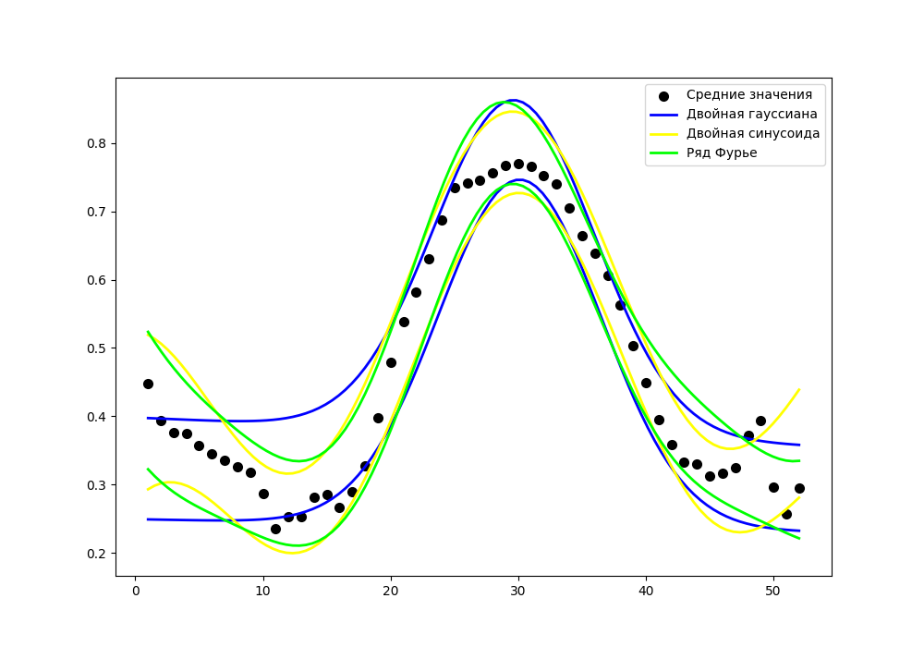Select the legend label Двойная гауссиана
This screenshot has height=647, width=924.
(x=751, y=114)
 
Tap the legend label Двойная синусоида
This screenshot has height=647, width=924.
(x=752, y=133)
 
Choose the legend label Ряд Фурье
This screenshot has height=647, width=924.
(x=721, y=153)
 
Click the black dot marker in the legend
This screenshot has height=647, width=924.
(x=663, y=95)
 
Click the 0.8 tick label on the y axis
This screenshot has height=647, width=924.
(x=96, y=143)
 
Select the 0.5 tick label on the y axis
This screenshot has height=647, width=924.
(x=96, y=348)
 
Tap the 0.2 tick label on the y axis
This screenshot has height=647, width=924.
(x=96, y=554)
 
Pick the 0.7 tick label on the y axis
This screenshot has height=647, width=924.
(x=96, y=212)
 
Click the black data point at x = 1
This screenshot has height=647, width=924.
(x=148, y=384)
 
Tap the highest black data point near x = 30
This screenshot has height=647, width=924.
(x=518, y=164)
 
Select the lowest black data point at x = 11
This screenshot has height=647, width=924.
(x=275, y=529)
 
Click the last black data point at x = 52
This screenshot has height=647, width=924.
(x=799, y=488)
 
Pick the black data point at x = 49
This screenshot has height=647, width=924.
(x=760, y=421)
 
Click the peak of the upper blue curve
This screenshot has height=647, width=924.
(x=515, y=100)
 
